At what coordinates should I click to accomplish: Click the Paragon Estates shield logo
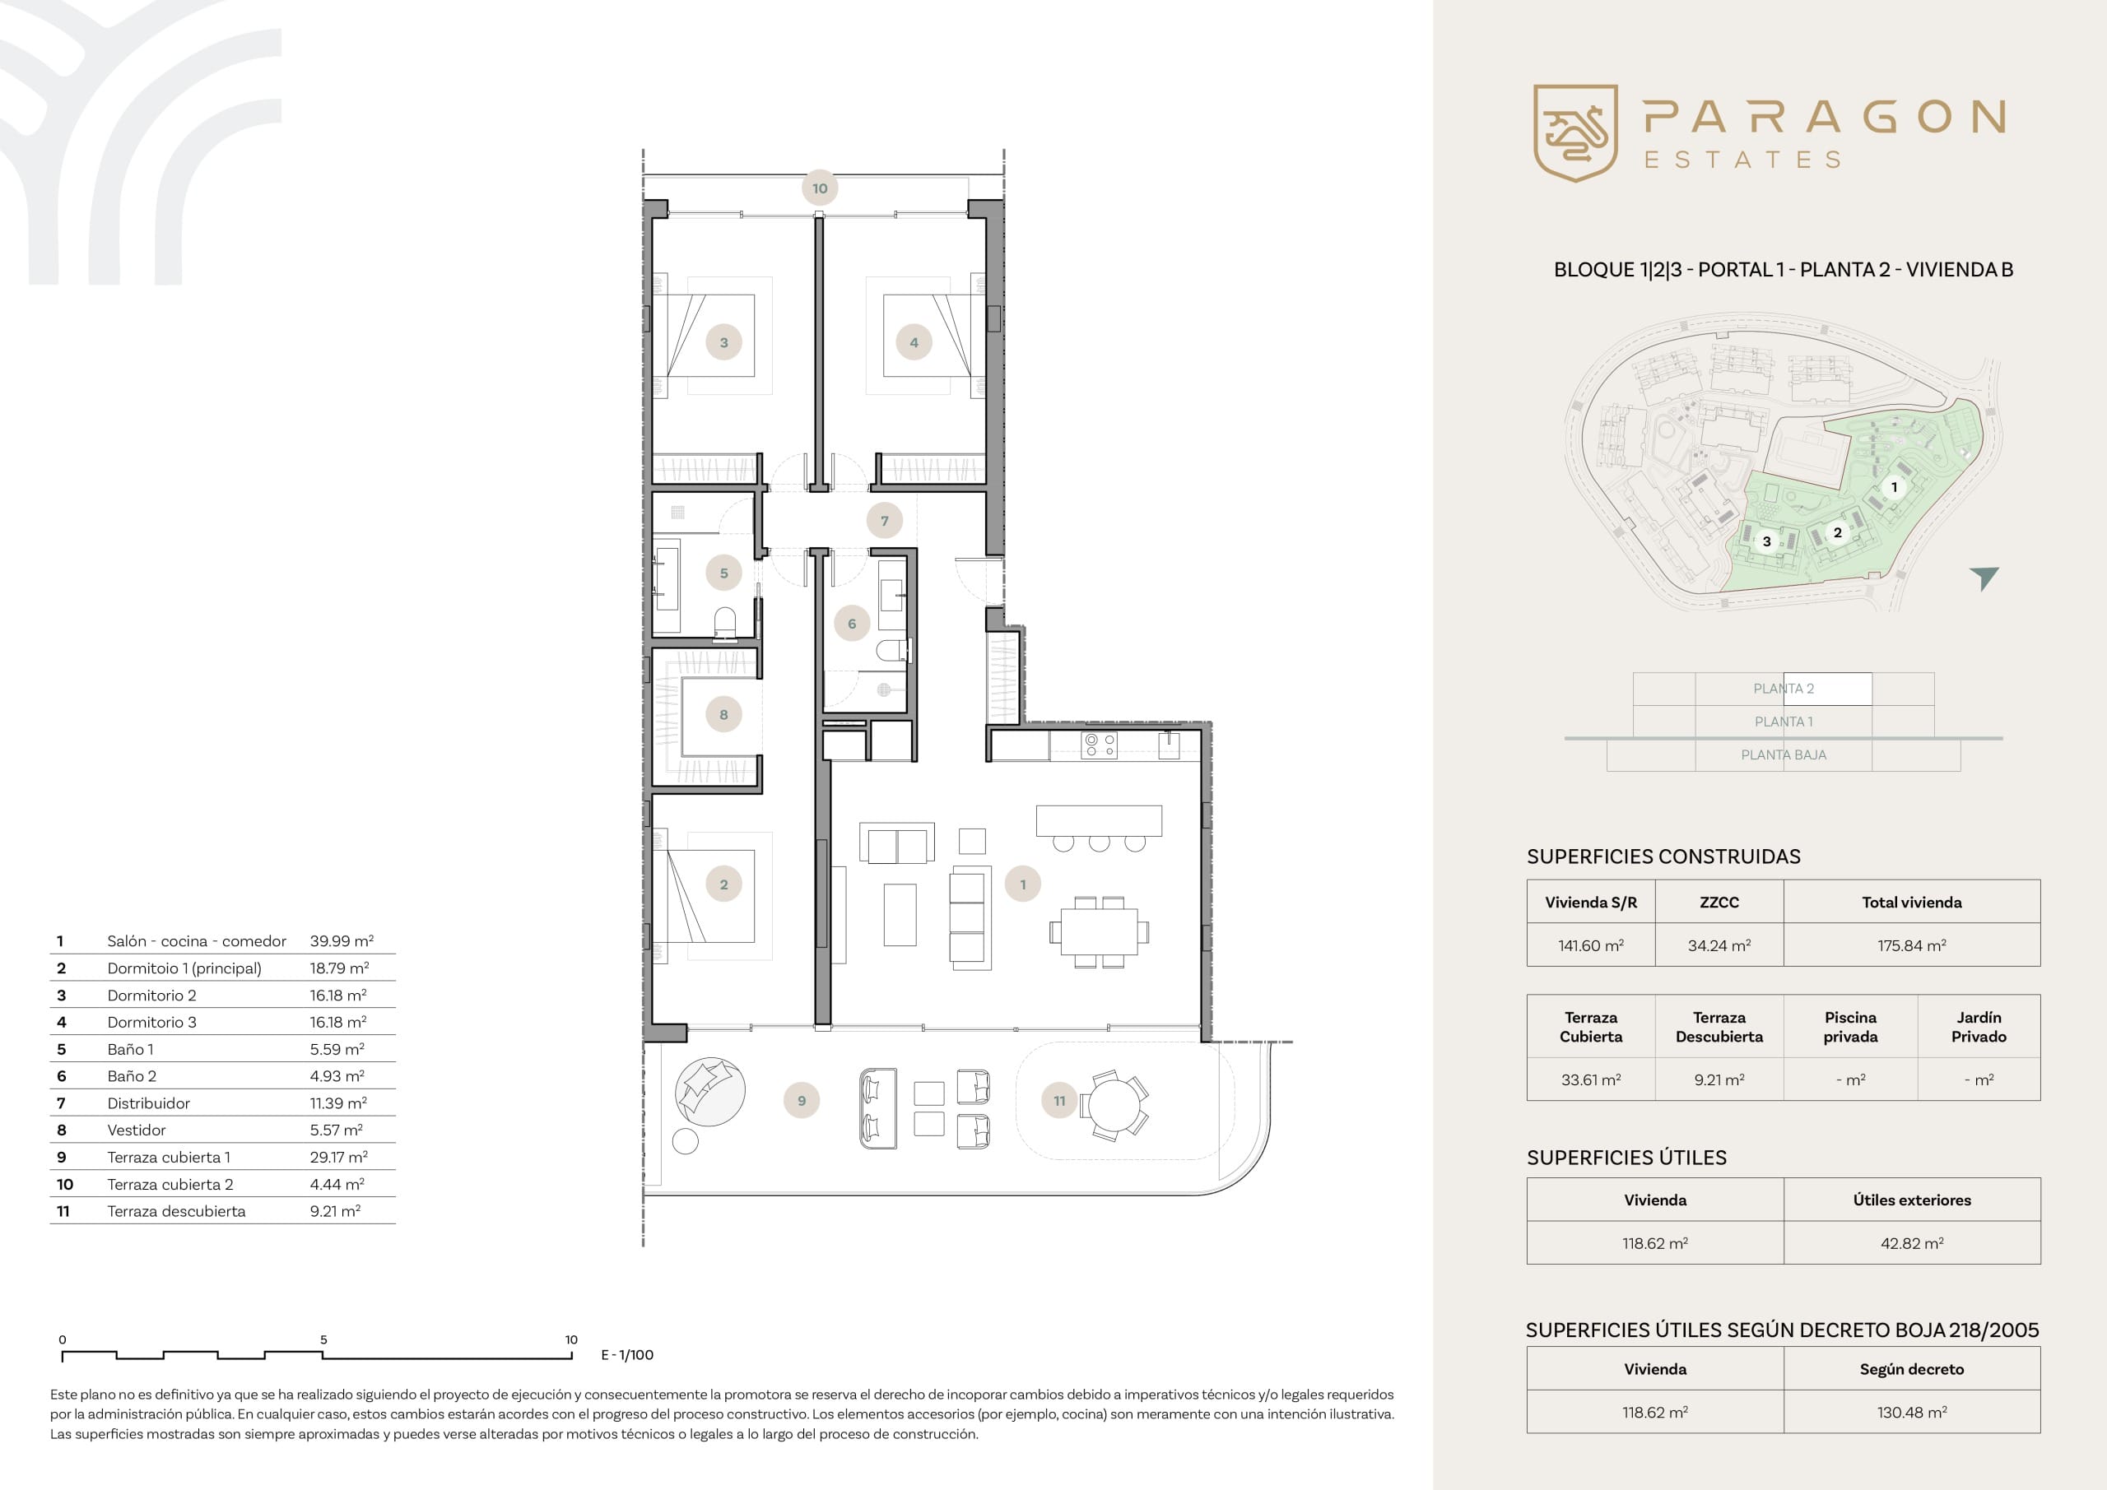pyautogui.click(x=1574, y=133)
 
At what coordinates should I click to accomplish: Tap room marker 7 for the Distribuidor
pyautogui.click(x=885, y=521)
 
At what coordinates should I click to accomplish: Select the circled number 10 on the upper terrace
pyautogui.click(x=820, y=188)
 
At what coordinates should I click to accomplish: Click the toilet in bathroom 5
pyautogui.click(x=725, y=622)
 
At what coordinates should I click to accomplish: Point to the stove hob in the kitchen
pyautogui.click(x=1099, y=745)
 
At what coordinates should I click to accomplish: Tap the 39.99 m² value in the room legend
pyautogui.click(x=342, y=941)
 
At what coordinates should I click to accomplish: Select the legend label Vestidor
pyautogui.click(x=137, y=1130)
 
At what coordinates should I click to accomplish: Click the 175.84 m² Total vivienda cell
pyautogui.click(x=1912, y=946)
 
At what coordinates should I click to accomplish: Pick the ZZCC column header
pyautogui.click(x=1719, y=903)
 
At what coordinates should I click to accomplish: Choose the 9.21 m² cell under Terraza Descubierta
pyautogui.click(x=1719, y=1080)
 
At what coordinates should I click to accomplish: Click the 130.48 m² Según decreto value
pyautogui.click(x=1912, y=1413)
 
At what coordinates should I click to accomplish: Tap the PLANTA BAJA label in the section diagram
pyautogui.click(x=1783, y=755)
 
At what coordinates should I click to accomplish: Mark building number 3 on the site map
pyautogui.click(x=1765, y=541)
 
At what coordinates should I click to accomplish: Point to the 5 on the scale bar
pyautogui.click(x=323, y=1339)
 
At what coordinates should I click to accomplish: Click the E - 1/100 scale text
pyautogui.click(x=627, y=1355)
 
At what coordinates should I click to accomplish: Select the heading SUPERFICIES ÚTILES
pyautogui.click(x=1626, y=1158)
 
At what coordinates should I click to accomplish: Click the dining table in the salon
pyautogui.click(x=1100, y=932)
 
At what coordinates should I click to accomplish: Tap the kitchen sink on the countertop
pyautogui.click(x=1168, y=747)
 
